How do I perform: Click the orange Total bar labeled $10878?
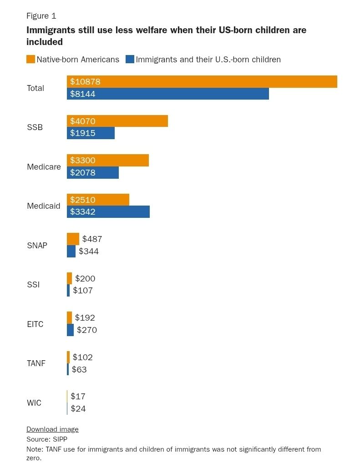pos(202,81)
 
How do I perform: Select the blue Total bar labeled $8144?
pos(167,94)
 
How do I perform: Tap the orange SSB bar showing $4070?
pos(117,121)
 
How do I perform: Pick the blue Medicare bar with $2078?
pos(92,173)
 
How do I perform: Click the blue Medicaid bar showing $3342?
pos(108,212)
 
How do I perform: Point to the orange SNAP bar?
pos(73,239)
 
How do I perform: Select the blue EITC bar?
pos(70,330)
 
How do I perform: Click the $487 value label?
pos(92,239)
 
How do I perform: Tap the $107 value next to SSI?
pos(83,291)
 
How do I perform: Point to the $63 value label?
pos(79,369)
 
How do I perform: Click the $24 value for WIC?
pos(78,408)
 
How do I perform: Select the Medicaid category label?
pos(44,206)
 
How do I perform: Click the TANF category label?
pos(36,363)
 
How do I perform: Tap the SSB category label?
pos(35,127)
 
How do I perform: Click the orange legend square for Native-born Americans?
pos(31,59)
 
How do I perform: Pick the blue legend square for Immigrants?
pos(130,59)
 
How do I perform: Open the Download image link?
pos(52,429)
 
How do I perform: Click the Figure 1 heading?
pos(41,16)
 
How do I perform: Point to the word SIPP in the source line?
pos(59,439)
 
